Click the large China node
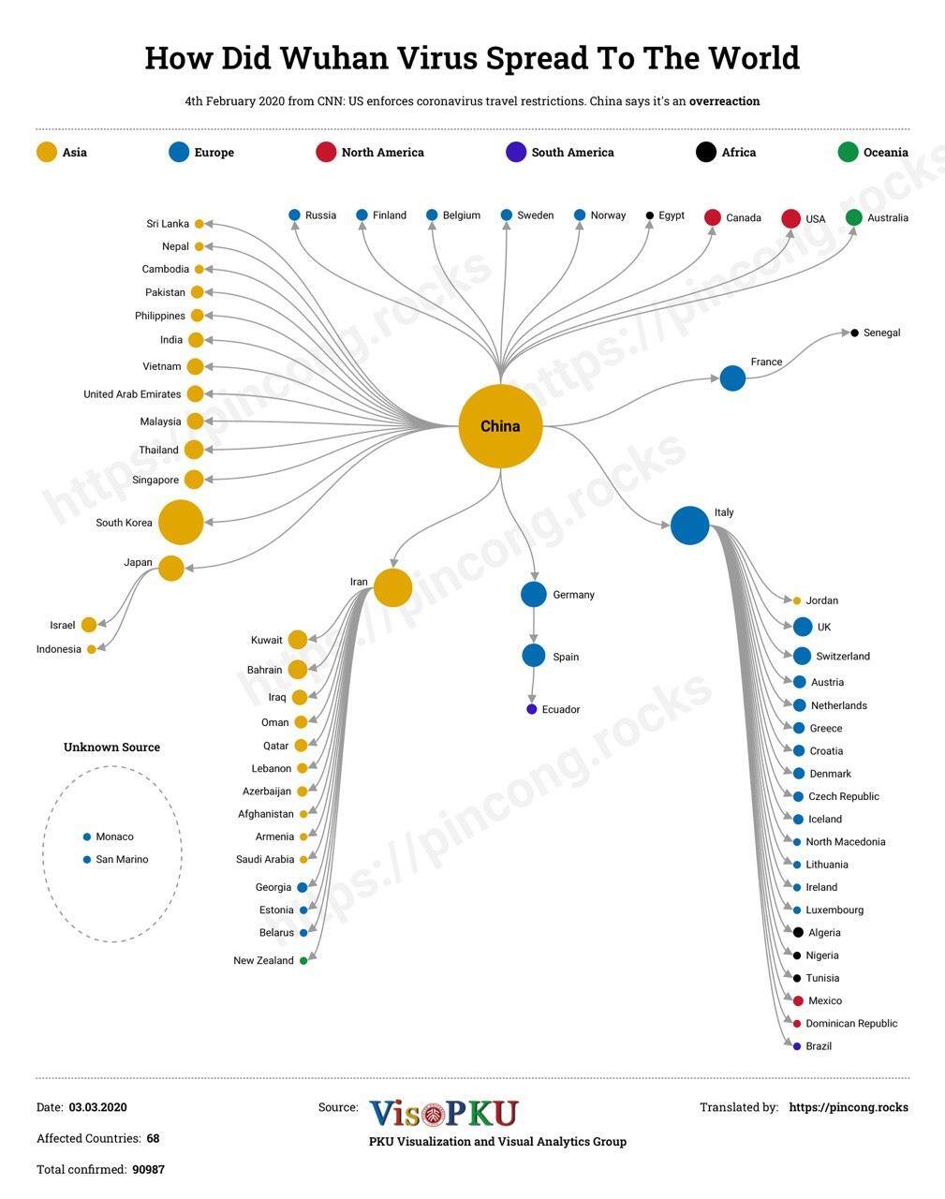(500, 426)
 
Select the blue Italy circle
(690, 525)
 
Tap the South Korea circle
(181, 522)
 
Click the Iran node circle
(392, 587)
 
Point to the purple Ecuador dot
(532, 709)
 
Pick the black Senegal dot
(854, 333)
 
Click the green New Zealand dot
(303, 960)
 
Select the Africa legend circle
(706, 152)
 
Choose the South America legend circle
(516, 152)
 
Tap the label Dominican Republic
(851, 1024)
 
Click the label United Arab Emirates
(132, 394)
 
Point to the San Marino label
(122, 859)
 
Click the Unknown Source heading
(111, 748)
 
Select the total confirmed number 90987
(148, 1169)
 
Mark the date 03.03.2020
(98, 1107)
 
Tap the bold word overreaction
(724, 101)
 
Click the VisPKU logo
(444, 1113)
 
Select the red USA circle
(790, 218)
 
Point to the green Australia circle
(853, 217)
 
